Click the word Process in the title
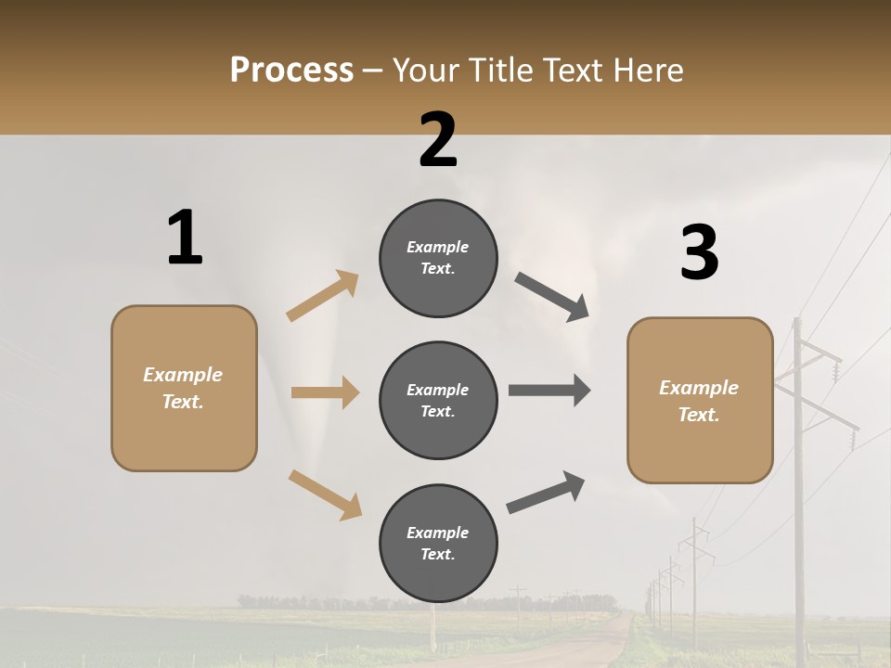click(291, 71)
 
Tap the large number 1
click(185, 238)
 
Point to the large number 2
click(438, 140)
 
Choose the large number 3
click(699, 252)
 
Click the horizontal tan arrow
click(325, 392)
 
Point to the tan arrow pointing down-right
click(325, 495)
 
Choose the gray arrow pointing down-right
click(552, 297)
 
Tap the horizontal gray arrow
click(549, 390)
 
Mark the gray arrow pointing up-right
click(546, 493)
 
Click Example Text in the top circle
click(438, 257)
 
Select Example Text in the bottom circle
click(438, 543)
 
